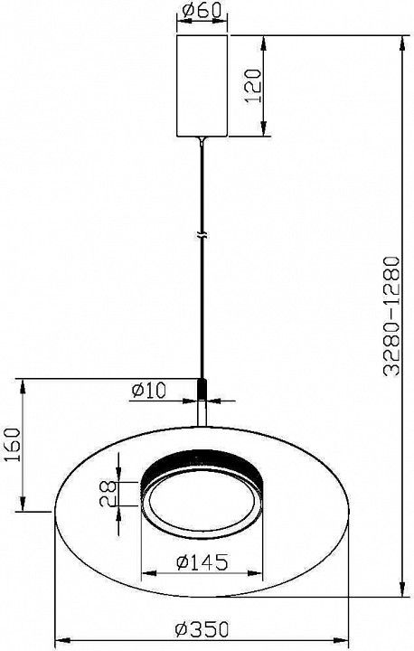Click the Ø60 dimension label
click(202, 11)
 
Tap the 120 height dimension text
click(253, 87)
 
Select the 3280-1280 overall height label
click(391, 316)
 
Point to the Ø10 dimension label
click(148, 391)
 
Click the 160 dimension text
click(12, 445)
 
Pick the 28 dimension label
click(108, 494)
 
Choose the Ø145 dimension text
click(202, 562)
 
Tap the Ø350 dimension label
click(202, 629)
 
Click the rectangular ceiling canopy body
click(202, 86)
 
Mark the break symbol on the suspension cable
click(202, 235)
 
